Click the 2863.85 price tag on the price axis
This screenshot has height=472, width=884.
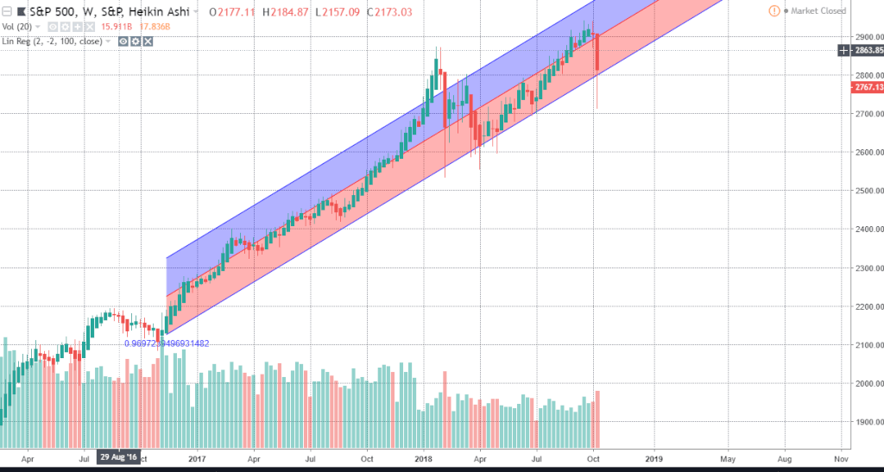tap(862, 51)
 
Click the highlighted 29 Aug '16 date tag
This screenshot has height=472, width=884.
tap(117, 456)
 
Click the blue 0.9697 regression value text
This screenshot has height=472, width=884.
tap(167, 343)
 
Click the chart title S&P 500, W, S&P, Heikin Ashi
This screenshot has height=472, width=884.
tap(102, 12)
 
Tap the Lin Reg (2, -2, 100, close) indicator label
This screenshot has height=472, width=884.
tap(57, 41)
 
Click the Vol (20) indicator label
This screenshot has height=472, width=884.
tap(21, 27)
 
